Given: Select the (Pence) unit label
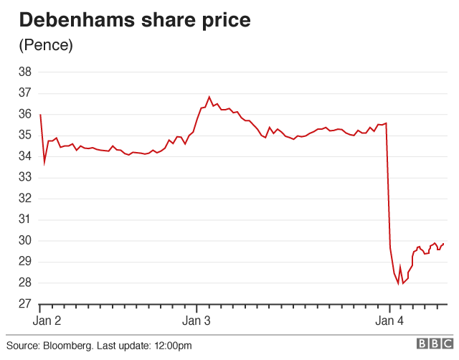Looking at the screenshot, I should (x=46, y=45).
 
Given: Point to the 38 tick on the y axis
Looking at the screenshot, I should (x=24, y=72).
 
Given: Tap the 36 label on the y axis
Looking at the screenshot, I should (x=24, y=114).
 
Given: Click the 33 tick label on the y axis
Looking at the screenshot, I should (x=24, y=177).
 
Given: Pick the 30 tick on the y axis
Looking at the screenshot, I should (x=24, y=240).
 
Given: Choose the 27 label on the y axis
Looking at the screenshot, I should (x=24, y=304).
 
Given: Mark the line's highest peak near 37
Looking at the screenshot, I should (x=209, y=97).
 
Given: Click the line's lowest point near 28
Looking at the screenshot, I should (x=398, y=283).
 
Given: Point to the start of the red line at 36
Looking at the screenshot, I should (x=40, y=115).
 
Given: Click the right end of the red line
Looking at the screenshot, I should (x=443, y=244).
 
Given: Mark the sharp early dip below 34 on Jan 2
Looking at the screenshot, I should (x=44, y=163).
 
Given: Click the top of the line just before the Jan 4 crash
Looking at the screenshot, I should (x=386, y=123).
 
